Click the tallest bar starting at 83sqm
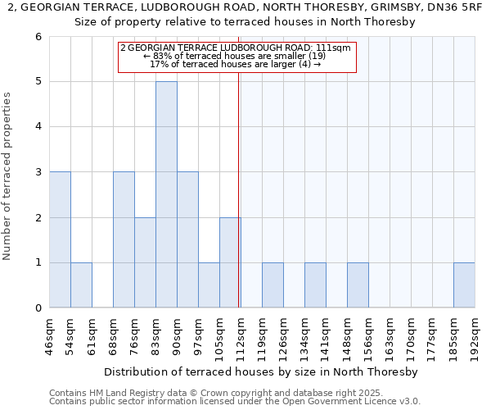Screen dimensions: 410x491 click(x=166, y=194)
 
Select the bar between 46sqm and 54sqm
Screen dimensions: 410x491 click(x=60, y=239)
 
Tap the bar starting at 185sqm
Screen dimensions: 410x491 click(x=464, y=285)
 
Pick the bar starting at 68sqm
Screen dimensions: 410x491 click(x=124, y=239)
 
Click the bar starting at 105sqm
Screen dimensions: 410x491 click(x=230, y=262)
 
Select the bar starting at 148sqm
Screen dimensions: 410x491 click(x=358, y=285)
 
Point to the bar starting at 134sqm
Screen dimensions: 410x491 click(x=315, y=285)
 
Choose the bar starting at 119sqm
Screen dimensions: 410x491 click(x=273, y=285)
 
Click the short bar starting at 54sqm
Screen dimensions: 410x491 click(x=81, y=285)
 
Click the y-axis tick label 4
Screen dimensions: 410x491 click(x=38, y=127)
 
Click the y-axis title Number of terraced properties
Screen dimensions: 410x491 click(x=7, y=176)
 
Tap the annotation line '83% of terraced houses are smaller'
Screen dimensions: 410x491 click(x=236, y=57)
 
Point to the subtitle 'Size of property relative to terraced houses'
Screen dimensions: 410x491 click(x=245, y=22)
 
